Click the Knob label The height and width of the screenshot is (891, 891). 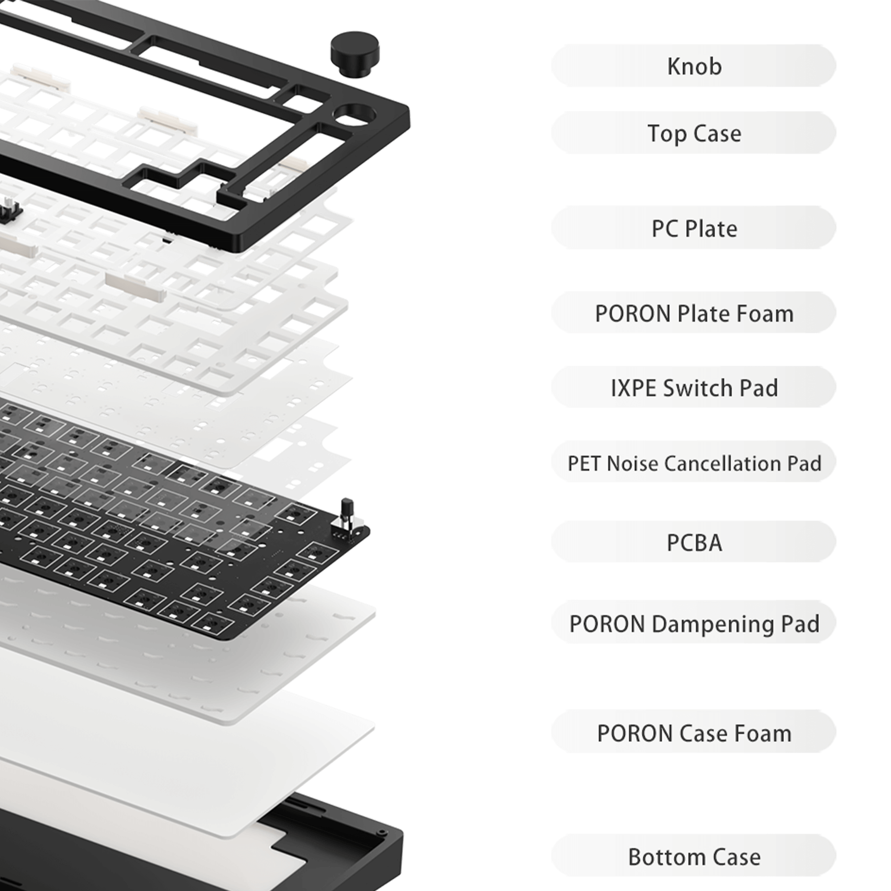point(694,66)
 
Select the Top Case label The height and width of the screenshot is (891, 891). point(694,133)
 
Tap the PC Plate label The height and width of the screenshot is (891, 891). point(694,228)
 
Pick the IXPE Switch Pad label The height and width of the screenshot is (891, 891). point(694,388)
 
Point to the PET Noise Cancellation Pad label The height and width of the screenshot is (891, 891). point(694,463)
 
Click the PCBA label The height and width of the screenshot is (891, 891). point(694,542)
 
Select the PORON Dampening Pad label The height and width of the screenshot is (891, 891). point(694,624)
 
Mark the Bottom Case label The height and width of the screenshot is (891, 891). point(694,857)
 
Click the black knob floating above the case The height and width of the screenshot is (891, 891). point(355,54)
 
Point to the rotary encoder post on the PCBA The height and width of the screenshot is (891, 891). point(346,512)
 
